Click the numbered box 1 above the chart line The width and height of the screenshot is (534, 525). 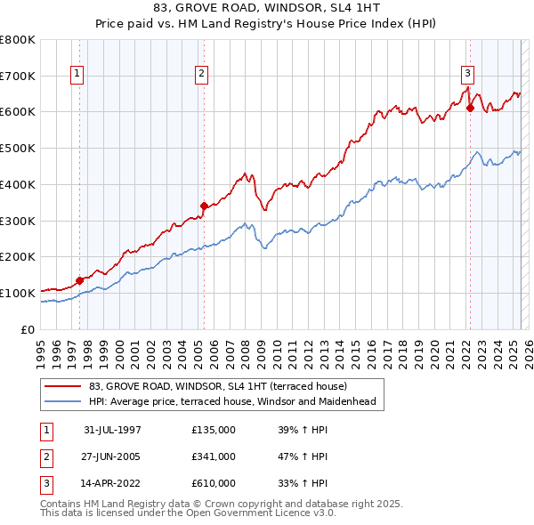point(77,75)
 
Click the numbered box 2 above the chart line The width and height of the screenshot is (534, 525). point(202,75)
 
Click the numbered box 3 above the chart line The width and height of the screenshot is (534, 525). point(467,75)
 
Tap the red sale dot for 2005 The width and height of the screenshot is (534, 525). point(204,206)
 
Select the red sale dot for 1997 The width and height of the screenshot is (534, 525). point(79,280)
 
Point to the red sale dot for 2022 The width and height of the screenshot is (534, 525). point(469,109)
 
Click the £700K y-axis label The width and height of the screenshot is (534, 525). point(18,76)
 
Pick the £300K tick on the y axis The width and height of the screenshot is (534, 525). point(18,220)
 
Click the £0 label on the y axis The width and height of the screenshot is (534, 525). point(27,328)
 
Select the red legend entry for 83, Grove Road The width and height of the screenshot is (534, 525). point(223,386)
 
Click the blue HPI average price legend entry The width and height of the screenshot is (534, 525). point(232,401)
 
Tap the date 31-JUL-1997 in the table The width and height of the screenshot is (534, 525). point(112,430)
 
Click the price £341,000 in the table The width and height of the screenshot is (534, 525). point(214,456)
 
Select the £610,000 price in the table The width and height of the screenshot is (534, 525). point(214,483)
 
